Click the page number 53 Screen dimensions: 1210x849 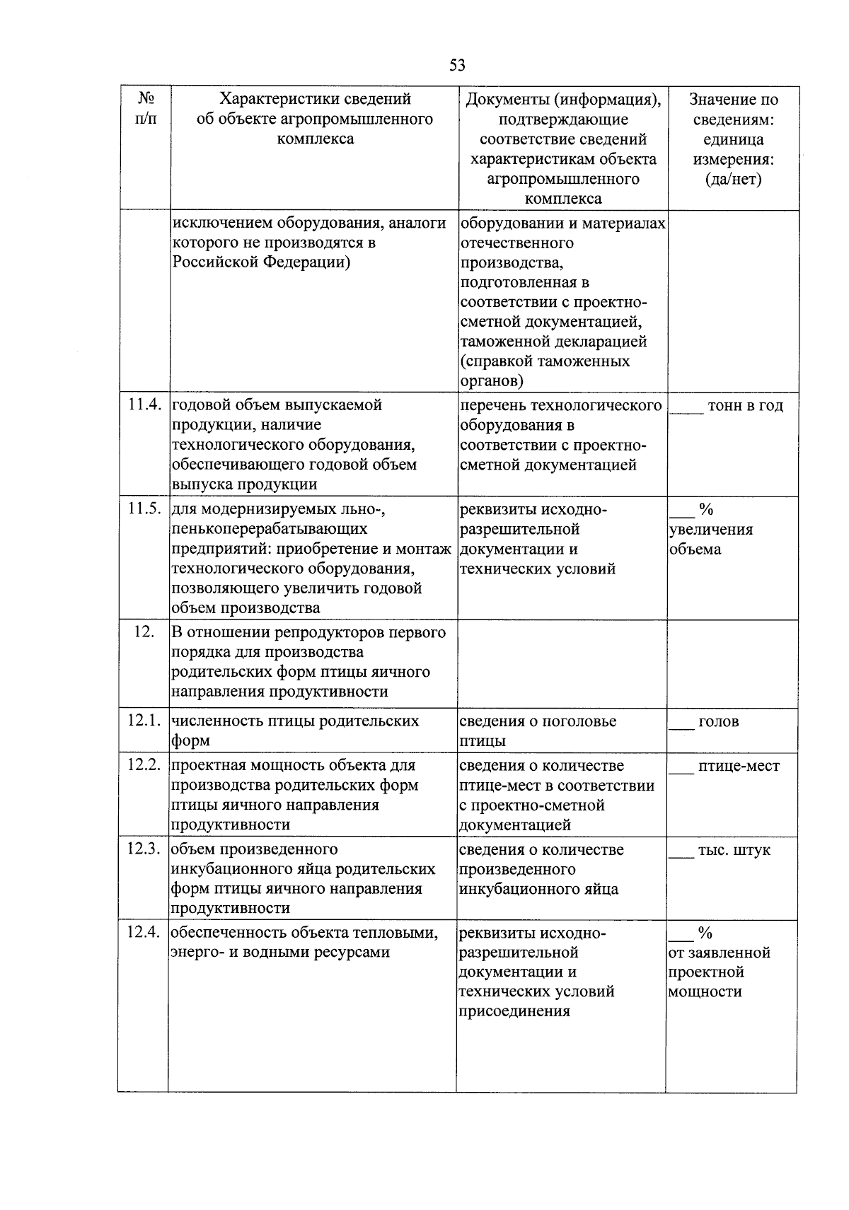457,66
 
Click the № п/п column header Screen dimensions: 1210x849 145,108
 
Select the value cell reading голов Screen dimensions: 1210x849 718,722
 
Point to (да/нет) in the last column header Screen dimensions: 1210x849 733,179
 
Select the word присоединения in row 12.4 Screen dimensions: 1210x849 514,1011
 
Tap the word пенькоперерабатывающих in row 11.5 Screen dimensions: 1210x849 270,529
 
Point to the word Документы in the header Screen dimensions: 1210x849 504,99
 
